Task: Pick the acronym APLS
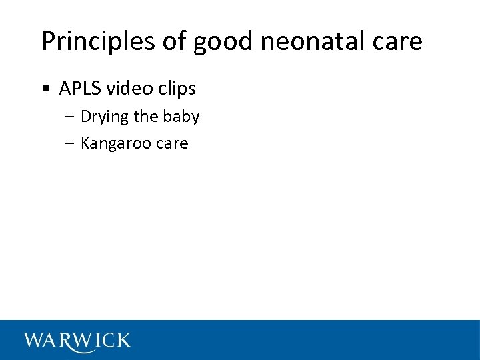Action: point(77,89)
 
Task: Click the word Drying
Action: point(105,117)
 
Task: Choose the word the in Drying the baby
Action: point(146,117)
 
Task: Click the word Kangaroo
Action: point(114,143)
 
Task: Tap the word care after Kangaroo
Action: point(171,143)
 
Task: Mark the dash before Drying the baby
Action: point(71,117)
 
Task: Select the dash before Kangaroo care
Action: point(71,143)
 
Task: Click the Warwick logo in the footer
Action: point(77,341)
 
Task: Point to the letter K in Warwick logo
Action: point(121,341)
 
